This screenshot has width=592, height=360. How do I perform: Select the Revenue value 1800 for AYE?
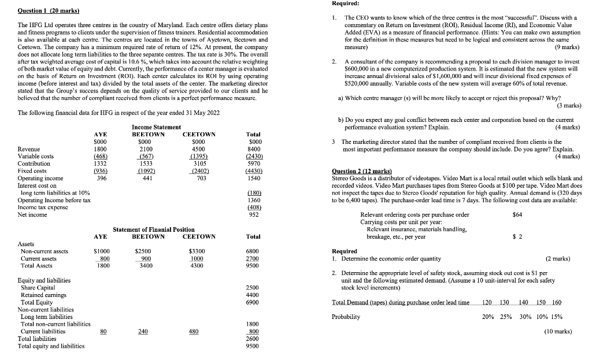pyautogui.click(x=100, y=149)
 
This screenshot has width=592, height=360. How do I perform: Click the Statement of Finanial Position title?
pyautogui.click(x=153, y=229)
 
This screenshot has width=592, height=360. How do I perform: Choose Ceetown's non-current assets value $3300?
pyautogui.click(x=198, y=251)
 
